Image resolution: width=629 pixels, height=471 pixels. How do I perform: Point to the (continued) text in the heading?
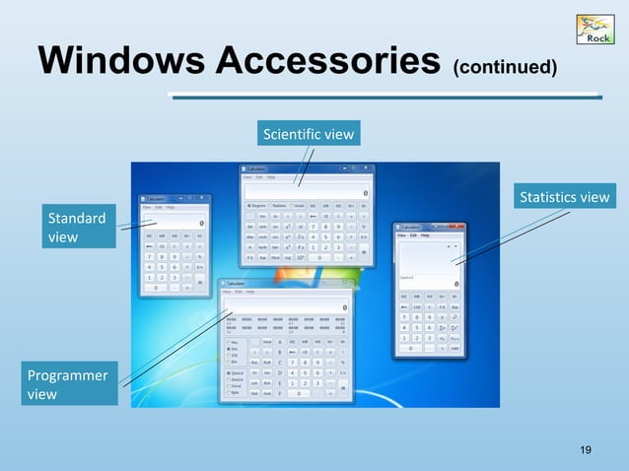pyautogui.click(x=504, y=68)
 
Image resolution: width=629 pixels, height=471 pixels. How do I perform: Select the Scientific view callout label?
pyautogui.click(x=309, y=132)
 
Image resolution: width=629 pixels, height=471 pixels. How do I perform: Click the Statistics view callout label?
pyautogui.click(x=563, y=198)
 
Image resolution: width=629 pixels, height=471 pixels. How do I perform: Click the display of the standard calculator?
pyautogui.click(x=175, y=224)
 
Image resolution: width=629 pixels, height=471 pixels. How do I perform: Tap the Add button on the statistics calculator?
pyautogui.click(x=454, y=349)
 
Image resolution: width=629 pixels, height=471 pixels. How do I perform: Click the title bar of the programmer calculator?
pyautogui.click(x=286, y=283)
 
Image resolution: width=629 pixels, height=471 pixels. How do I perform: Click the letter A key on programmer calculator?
pyautogui.click(x=282, y=341)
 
